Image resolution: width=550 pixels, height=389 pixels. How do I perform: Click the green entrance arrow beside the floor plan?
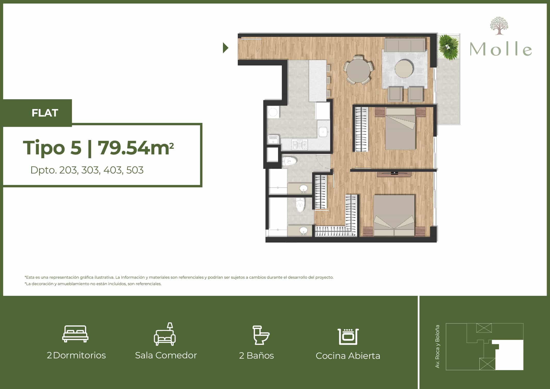coord(226,48)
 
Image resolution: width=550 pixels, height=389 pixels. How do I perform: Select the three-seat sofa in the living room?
coord(405,45)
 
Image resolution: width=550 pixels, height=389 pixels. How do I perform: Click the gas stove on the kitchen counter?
coord(299,145)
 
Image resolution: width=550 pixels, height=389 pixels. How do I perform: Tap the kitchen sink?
coord(323,132)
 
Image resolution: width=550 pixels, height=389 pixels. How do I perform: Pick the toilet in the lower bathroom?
coord(300,205)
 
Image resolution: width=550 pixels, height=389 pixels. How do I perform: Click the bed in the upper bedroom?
coord(400,129)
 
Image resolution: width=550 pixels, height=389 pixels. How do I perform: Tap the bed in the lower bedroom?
coord(394,215)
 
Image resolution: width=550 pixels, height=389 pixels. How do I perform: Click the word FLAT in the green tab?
coord(45,113)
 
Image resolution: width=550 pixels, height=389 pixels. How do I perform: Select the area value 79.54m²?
coord(136,148)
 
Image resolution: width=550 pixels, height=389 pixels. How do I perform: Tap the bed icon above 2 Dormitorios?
coord(75,334)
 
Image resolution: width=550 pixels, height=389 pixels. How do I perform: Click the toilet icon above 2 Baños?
coord(261,335)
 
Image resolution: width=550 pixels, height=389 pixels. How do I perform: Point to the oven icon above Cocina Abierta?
coord(348,336)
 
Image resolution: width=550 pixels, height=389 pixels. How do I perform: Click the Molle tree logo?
coord(499,26)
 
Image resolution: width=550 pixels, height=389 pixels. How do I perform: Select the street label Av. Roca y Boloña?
coord(437,346)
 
